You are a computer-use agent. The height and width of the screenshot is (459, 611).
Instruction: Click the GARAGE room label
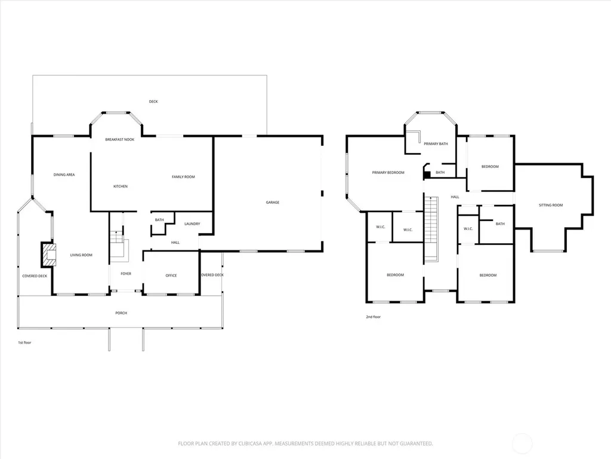tap(272, 202)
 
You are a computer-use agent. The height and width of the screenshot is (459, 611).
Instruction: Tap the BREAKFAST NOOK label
tap(119, 139)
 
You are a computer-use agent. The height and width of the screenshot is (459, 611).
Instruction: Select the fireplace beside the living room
tap(49, 255)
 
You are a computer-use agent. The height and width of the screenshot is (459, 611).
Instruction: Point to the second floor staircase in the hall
tap(431, 229)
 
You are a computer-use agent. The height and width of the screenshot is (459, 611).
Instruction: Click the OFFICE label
tap(171, 276)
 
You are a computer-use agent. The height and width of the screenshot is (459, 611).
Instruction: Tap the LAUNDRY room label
tap(192, 224)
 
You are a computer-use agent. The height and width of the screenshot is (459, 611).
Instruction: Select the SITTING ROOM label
tap(551, 205)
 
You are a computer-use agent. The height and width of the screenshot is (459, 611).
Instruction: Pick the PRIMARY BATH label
tap(436, 143)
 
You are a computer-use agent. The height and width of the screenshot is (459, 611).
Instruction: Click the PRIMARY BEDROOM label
tap(388, 173)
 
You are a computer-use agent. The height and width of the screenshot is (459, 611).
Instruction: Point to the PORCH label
tap(121, 313)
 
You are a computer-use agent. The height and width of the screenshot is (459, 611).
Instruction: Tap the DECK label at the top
tap(153, 102)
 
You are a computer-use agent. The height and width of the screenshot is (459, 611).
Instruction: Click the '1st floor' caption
tap(24, 342)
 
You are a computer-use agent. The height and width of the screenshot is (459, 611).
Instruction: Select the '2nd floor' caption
tap(374, 317)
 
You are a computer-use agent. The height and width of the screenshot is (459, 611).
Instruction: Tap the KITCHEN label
tap(121, 186)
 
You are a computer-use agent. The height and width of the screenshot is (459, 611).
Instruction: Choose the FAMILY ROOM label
tap(183, 177)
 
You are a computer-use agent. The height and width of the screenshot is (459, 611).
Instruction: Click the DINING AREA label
tap(64, 175)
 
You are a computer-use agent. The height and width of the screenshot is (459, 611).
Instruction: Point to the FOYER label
tap(126, 274)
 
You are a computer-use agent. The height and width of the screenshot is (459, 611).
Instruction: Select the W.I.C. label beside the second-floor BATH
tap(468, 229)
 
